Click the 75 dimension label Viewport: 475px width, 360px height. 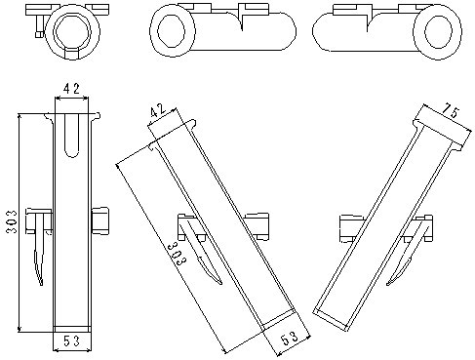coord(452,111)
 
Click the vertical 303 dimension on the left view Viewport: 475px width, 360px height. coord(12,221)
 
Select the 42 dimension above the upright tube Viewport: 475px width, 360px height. coord(71,88)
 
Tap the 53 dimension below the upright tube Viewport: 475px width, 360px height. coord(71,341)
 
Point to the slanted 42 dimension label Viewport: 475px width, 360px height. coord(158,110)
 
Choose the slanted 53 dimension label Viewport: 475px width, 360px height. coord(290,339)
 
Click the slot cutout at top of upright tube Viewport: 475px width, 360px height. coord(72,135)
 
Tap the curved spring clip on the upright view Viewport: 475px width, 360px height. coord(40,249)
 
